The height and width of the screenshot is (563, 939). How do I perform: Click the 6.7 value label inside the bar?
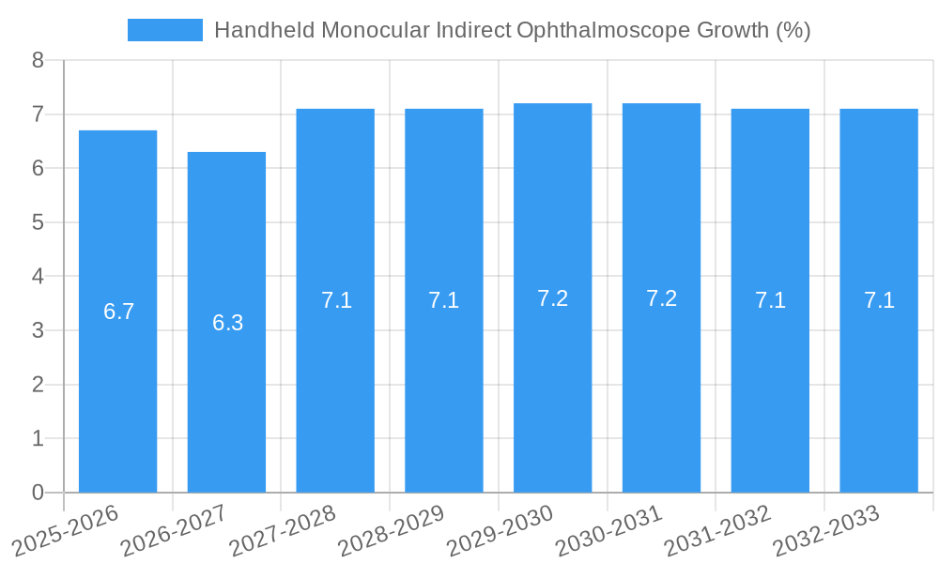(119, 312)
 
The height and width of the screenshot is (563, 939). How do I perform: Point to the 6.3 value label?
(228, 323)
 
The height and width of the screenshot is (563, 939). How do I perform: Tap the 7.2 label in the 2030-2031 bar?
(661, 298)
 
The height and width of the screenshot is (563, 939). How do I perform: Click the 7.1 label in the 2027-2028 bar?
(336, 300)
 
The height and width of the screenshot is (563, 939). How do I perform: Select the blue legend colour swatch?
(165, 30)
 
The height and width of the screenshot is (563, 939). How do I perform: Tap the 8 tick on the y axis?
(38, 61)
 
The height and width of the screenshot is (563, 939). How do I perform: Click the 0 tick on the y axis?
(38, 493)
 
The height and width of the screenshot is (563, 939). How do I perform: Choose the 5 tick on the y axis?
(38, 223)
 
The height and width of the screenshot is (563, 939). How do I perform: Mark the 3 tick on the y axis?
(38, 331)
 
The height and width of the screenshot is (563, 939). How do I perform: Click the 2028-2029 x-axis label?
(391, 531)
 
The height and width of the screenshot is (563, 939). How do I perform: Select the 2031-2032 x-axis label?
(717, 531)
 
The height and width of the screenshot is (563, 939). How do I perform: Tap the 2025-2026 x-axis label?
(65, 531)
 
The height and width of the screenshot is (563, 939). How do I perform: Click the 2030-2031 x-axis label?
(608, 531)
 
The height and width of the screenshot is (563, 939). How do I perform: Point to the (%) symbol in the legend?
(793, 30)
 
